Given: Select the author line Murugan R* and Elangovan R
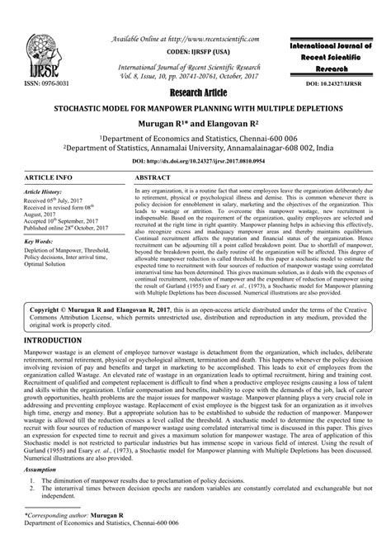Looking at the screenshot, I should pyautogui.click(x=195, y=122).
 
